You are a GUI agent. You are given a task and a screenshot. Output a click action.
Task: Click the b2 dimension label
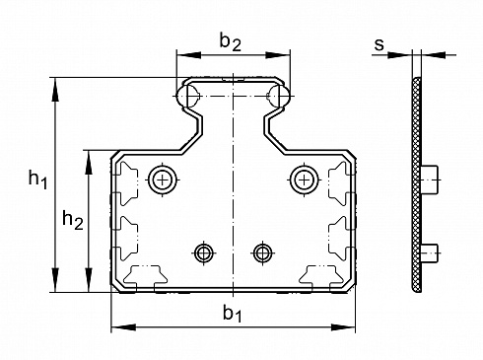(x=231, y=42)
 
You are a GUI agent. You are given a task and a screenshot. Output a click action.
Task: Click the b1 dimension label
(x=233, y=313)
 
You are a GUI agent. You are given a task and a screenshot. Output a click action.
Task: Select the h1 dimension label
(x=38, y=180)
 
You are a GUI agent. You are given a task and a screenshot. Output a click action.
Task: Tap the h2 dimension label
(x=73, y=220)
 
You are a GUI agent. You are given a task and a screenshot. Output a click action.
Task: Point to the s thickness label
(x=379, y=44)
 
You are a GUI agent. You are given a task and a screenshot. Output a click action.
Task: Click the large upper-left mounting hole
(x=163, y=180)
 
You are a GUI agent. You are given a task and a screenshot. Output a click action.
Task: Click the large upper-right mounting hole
(x=305, y=180)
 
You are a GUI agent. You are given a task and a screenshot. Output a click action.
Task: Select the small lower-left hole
(x=203, y=253)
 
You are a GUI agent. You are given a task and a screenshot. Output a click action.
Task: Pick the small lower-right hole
(x=262, y=253)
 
